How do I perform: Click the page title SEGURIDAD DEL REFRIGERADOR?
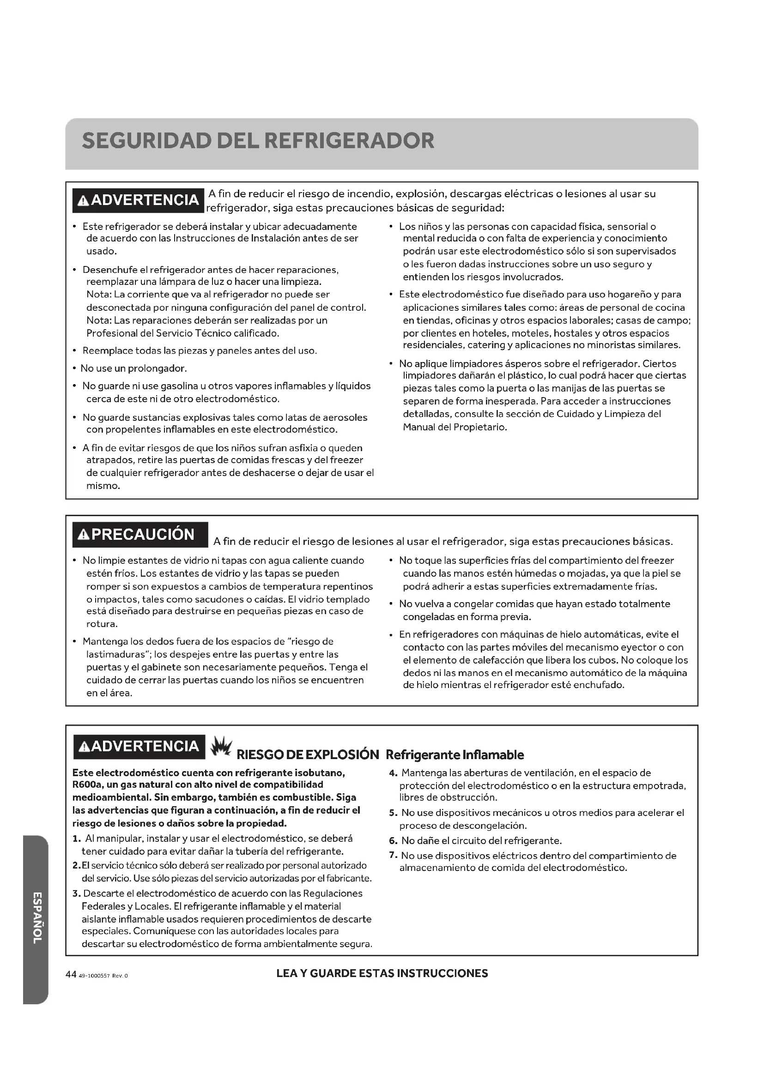[258, 141]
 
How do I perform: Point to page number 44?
[71, 975]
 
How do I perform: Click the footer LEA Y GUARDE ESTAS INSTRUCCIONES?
[382, 974]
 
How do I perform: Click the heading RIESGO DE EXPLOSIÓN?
[307, 755]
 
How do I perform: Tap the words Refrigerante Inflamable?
[455, 755]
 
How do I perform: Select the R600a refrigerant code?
[84, 784]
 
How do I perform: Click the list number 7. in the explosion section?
[394, 855]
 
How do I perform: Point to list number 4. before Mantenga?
[394, 773]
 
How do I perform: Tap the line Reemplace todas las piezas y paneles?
[200, 351]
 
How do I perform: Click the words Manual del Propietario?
[455, 427]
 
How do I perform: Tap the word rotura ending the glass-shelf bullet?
[101, 624]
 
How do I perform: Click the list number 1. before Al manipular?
[77, 839]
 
